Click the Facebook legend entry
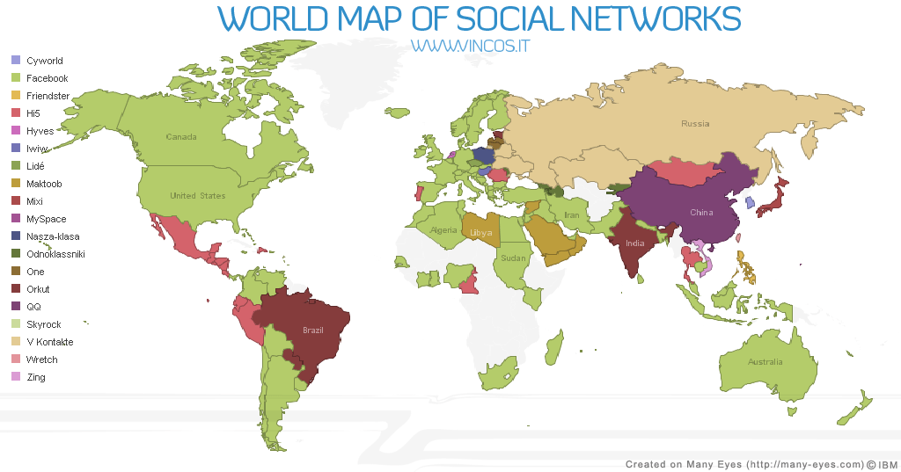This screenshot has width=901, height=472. coord(47,78)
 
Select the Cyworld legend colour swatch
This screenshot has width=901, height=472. coord(15,61)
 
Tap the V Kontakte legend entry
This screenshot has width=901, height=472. coord(49,342)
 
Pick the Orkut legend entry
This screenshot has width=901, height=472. coord(38,289)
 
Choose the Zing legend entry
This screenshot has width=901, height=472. coord(36,377)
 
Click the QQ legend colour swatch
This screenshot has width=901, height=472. coord(15,307)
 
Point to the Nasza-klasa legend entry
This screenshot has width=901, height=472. coord(53,236)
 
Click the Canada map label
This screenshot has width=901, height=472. coord(181,137)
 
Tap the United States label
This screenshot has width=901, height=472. coord(198,196)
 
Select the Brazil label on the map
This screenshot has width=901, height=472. coord(313,330)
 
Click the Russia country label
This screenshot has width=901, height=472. coord(695,124)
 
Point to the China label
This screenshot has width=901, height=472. coord(701,213)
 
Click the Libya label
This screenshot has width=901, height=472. coord(481,233)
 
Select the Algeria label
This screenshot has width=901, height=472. coord(443,230)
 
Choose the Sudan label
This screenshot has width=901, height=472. coord(513,258)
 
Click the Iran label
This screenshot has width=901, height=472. coord(572,215)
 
